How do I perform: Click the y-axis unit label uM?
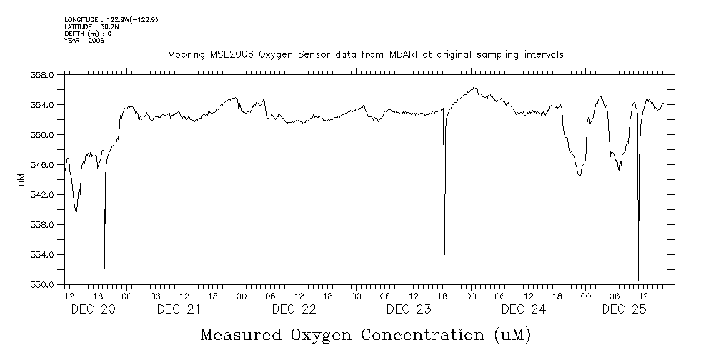pyautogui.click(x=21, y=179)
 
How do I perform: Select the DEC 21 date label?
pyautogui.click(x=178, y=309)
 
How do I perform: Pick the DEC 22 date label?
pyautogui.click(x=294, y=309)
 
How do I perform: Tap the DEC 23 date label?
pyautogui.click(x=408, y=309)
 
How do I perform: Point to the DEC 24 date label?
pyautogui.click(x=523, y=309)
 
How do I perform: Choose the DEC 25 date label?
pyautogui.click(x=624, y=309)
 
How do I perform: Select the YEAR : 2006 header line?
pyautogui.click(x=84, y=41)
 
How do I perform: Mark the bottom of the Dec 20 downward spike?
pyautogui.click(x=104, y=269)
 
